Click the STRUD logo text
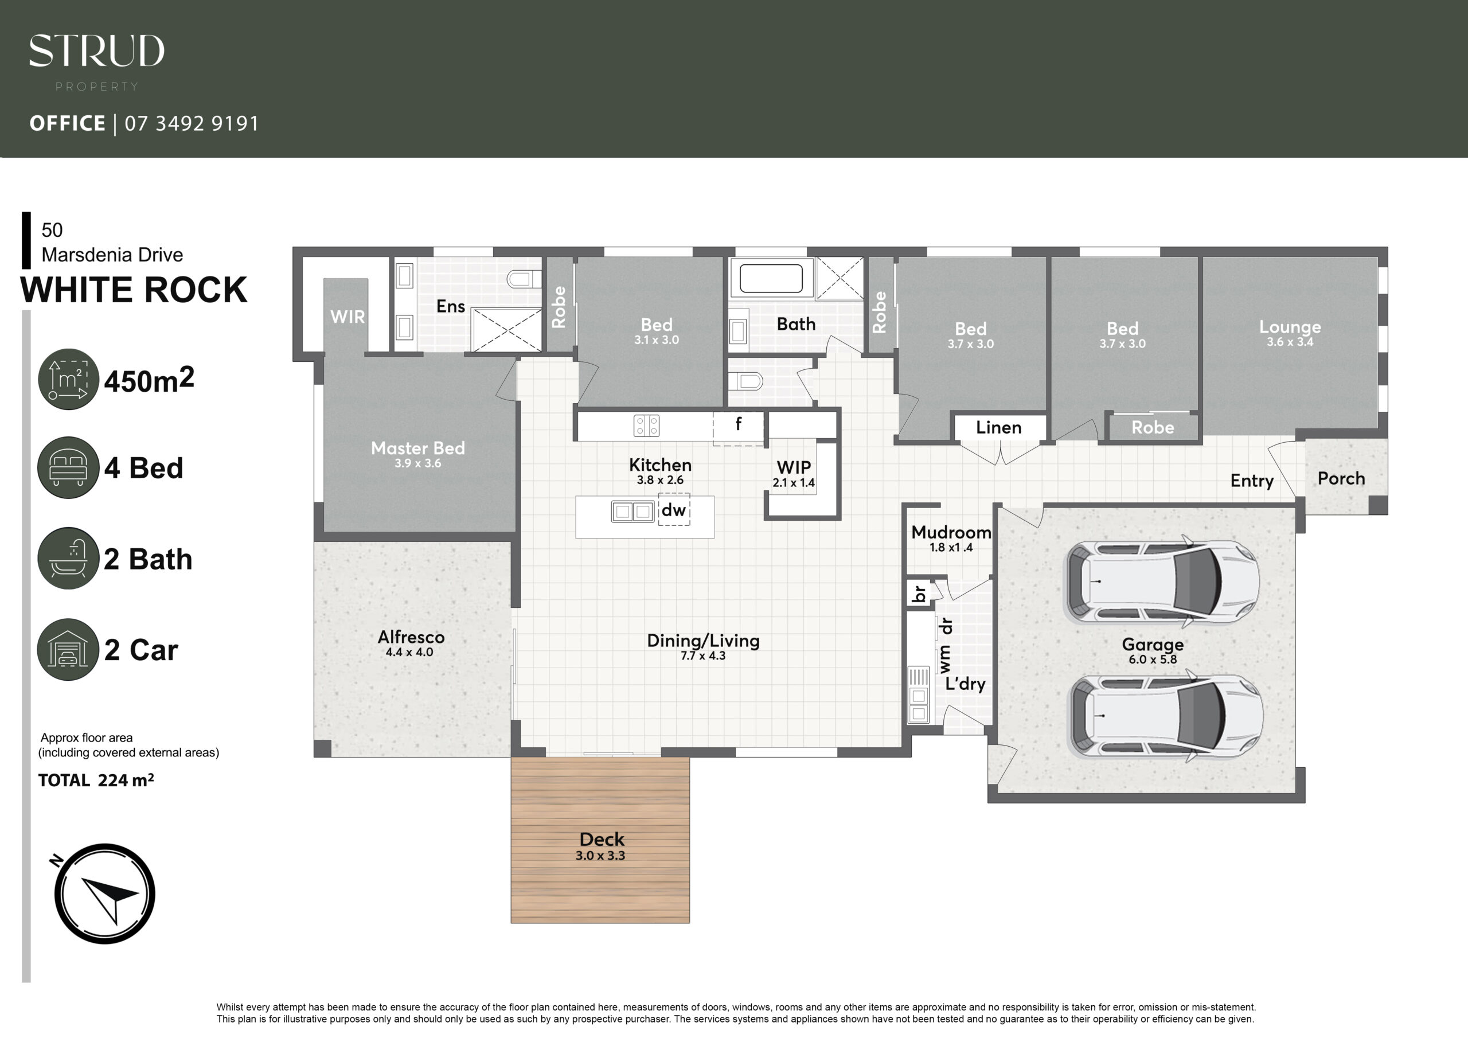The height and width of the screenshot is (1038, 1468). (96, 51)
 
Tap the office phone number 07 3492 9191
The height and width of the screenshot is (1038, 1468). (192, 123)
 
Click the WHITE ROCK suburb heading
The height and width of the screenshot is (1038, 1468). (134, 290)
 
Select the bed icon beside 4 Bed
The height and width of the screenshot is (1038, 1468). (68, 467)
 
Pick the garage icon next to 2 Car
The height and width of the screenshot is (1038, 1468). (68, 649)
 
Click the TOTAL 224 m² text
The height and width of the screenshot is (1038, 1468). (96, 781)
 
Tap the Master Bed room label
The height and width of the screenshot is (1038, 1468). (418, 448)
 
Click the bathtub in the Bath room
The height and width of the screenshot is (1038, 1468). (771, 279)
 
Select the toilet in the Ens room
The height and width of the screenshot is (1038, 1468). (524, 279)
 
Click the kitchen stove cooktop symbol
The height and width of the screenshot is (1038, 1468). (646, 426)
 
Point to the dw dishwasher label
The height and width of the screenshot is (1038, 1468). (673, 510)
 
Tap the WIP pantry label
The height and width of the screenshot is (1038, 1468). (794, 467)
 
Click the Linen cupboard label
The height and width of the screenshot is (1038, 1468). (999, 427)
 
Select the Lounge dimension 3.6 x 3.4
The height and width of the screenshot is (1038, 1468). (1290, 342)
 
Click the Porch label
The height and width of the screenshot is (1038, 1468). (1341, 478)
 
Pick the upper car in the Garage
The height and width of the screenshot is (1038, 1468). (1161, 582)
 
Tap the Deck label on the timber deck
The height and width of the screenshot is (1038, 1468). (602, 839)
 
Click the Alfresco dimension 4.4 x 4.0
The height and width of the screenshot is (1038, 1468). (409, 653)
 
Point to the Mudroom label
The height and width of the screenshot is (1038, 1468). (951, 532)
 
